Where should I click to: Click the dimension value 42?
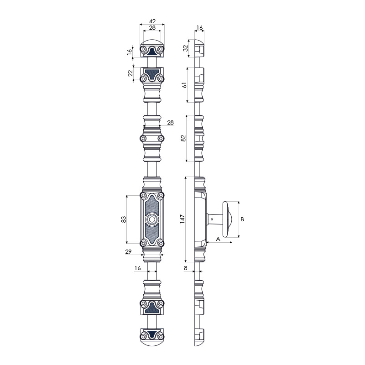coord(152,21)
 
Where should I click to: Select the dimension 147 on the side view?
coord(182,219)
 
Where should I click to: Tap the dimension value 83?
coord(124,219)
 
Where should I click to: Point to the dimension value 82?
coord(183,138)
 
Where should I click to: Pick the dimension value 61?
coord(184,85)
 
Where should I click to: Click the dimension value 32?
coord(185,48)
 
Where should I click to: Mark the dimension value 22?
coord(130,73)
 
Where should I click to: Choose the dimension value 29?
coord(128,252)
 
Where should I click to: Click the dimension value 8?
coord(186,268)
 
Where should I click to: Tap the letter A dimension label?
coord(218,239)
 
